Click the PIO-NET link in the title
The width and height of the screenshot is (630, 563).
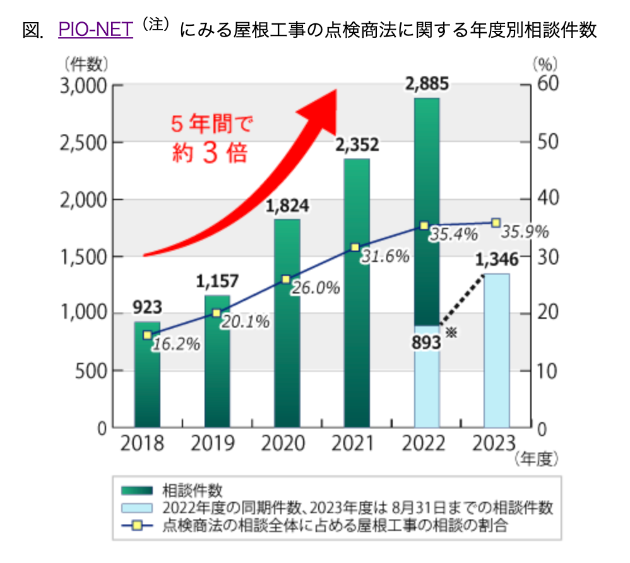tap(95, 30)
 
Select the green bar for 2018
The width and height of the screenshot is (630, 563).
tap(147, 379)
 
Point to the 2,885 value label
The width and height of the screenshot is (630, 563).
tap(427, 83)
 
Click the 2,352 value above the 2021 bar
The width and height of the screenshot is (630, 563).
tap(357, 145)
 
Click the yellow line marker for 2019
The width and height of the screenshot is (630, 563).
tap(217, 313)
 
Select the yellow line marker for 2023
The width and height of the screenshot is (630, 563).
tap(496, 222)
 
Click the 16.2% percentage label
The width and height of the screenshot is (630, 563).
tap(175, 345)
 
